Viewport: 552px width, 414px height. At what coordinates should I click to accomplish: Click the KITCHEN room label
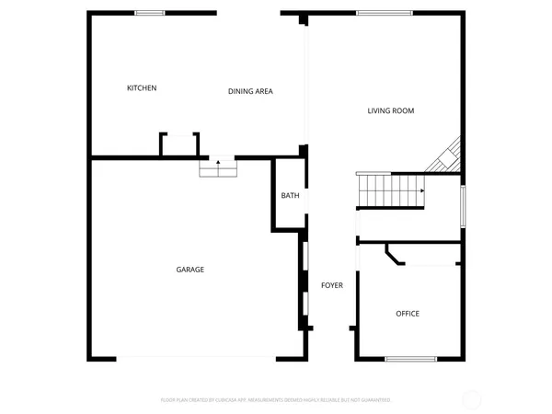(142, 88)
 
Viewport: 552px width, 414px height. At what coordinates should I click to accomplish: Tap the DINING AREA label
(250, 91)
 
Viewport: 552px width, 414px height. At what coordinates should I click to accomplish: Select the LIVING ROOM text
(391, 111)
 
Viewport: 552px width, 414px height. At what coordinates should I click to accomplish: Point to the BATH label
(290, 195)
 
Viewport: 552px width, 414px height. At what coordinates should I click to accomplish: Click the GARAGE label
(190, 270)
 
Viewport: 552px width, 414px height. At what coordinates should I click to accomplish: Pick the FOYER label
(331, 286)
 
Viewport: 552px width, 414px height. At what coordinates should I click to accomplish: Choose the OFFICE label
(408, 314)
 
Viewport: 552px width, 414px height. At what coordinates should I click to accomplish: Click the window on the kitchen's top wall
(150, 13)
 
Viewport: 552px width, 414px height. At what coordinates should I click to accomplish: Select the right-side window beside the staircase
(463, 205)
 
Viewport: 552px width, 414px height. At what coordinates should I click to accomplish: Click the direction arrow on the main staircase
(420, 190)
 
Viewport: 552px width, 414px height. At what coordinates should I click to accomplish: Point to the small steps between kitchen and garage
(218, 169)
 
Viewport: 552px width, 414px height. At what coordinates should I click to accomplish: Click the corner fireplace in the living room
(445, 156)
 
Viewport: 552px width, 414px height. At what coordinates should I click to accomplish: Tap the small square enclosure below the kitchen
(179, 144)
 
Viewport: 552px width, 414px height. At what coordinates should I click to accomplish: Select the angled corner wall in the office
(395, 255)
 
